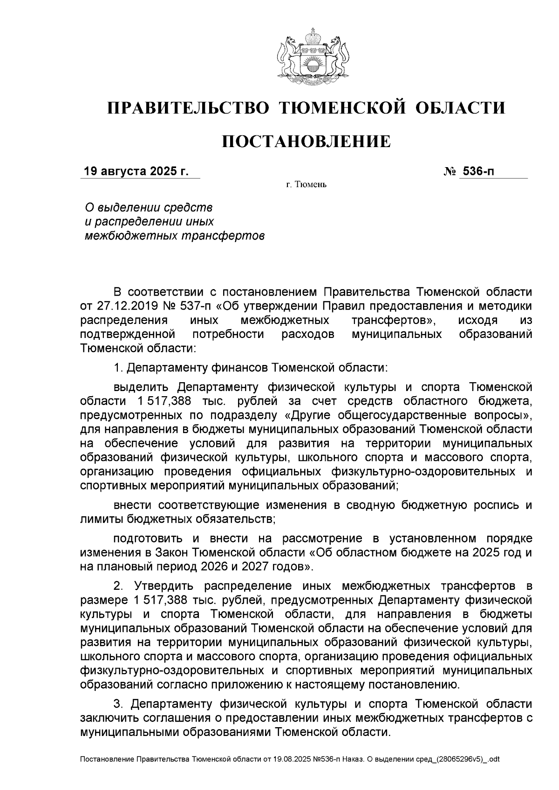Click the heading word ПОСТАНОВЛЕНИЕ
pos(306,141)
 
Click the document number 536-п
pos(477,171)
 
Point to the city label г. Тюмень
pos(306,185)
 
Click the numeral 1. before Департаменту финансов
pos(118,368)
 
